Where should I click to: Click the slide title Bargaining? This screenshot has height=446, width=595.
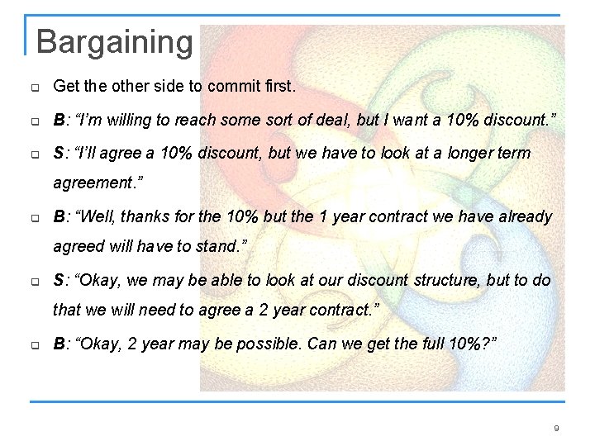[x=114, y=41]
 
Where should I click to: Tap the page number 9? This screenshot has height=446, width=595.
[x=556, y=428]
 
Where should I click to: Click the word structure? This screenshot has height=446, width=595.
[x=443, y=280]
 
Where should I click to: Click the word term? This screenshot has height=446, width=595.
[x=513, y=154]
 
